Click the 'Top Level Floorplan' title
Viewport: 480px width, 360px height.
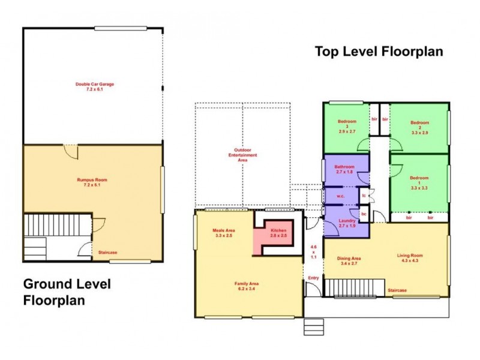[379, 52]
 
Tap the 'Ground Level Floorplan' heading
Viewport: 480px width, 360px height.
[67, 292]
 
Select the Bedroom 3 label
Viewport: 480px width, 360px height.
[347, 127]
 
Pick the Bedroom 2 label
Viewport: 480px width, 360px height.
[419, 127]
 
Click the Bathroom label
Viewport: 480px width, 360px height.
[344, 170]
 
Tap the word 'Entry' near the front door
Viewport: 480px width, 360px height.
[314, 278]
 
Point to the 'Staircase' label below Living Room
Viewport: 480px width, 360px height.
[397, 290]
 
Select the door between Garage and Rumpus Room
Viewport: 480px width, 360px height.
[71, 151]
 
